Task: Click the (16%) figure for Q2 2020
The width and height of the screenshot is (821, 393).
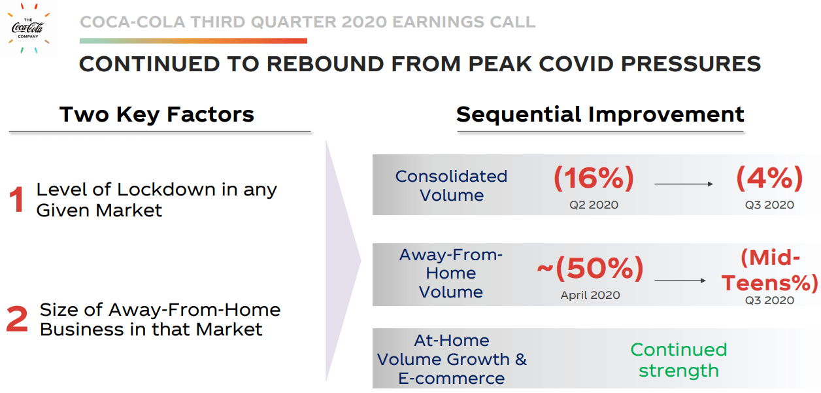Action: pos(594,178)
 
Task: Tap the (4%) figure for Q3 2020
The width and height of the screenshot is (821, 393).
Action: pos(769,178)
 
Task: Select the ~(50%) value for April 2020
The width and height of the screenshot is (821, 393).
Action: pos(590,268)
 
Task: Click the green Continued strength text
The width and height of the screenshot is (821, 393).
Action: pos(679,360)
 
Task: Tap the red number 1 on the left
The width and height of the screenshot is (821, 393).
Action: pos(18,200)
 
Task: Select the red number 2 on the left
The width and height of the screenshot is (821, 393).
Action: pos(18,320)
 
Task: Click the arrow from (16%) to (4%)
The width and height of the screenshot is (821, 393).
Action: pos(683,184)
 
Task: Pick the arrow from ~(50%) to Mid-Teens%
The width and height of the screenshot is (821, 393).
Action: pos(680,281)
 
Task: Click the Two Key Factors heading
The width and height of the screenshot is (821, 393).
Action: pos(157,114)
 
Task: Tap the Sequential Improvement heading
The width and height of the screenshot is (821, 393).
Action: pos(600,114)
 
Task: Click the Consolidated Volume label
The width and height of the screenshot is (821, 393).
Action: pos(451,186)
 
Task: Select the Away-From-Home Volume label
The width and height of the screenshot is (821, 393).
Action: pos(450,273)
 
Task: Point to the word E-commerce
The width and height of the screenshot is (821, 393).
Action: pos(451,379)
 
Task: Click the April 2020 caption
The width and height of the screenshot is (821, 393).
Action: pos(590,296)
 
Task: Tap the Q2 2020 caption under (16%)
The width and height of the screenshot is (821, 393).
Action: pos(594,205)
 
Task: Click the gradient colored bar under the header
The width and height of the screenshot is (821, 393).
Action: pos(193,41)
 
